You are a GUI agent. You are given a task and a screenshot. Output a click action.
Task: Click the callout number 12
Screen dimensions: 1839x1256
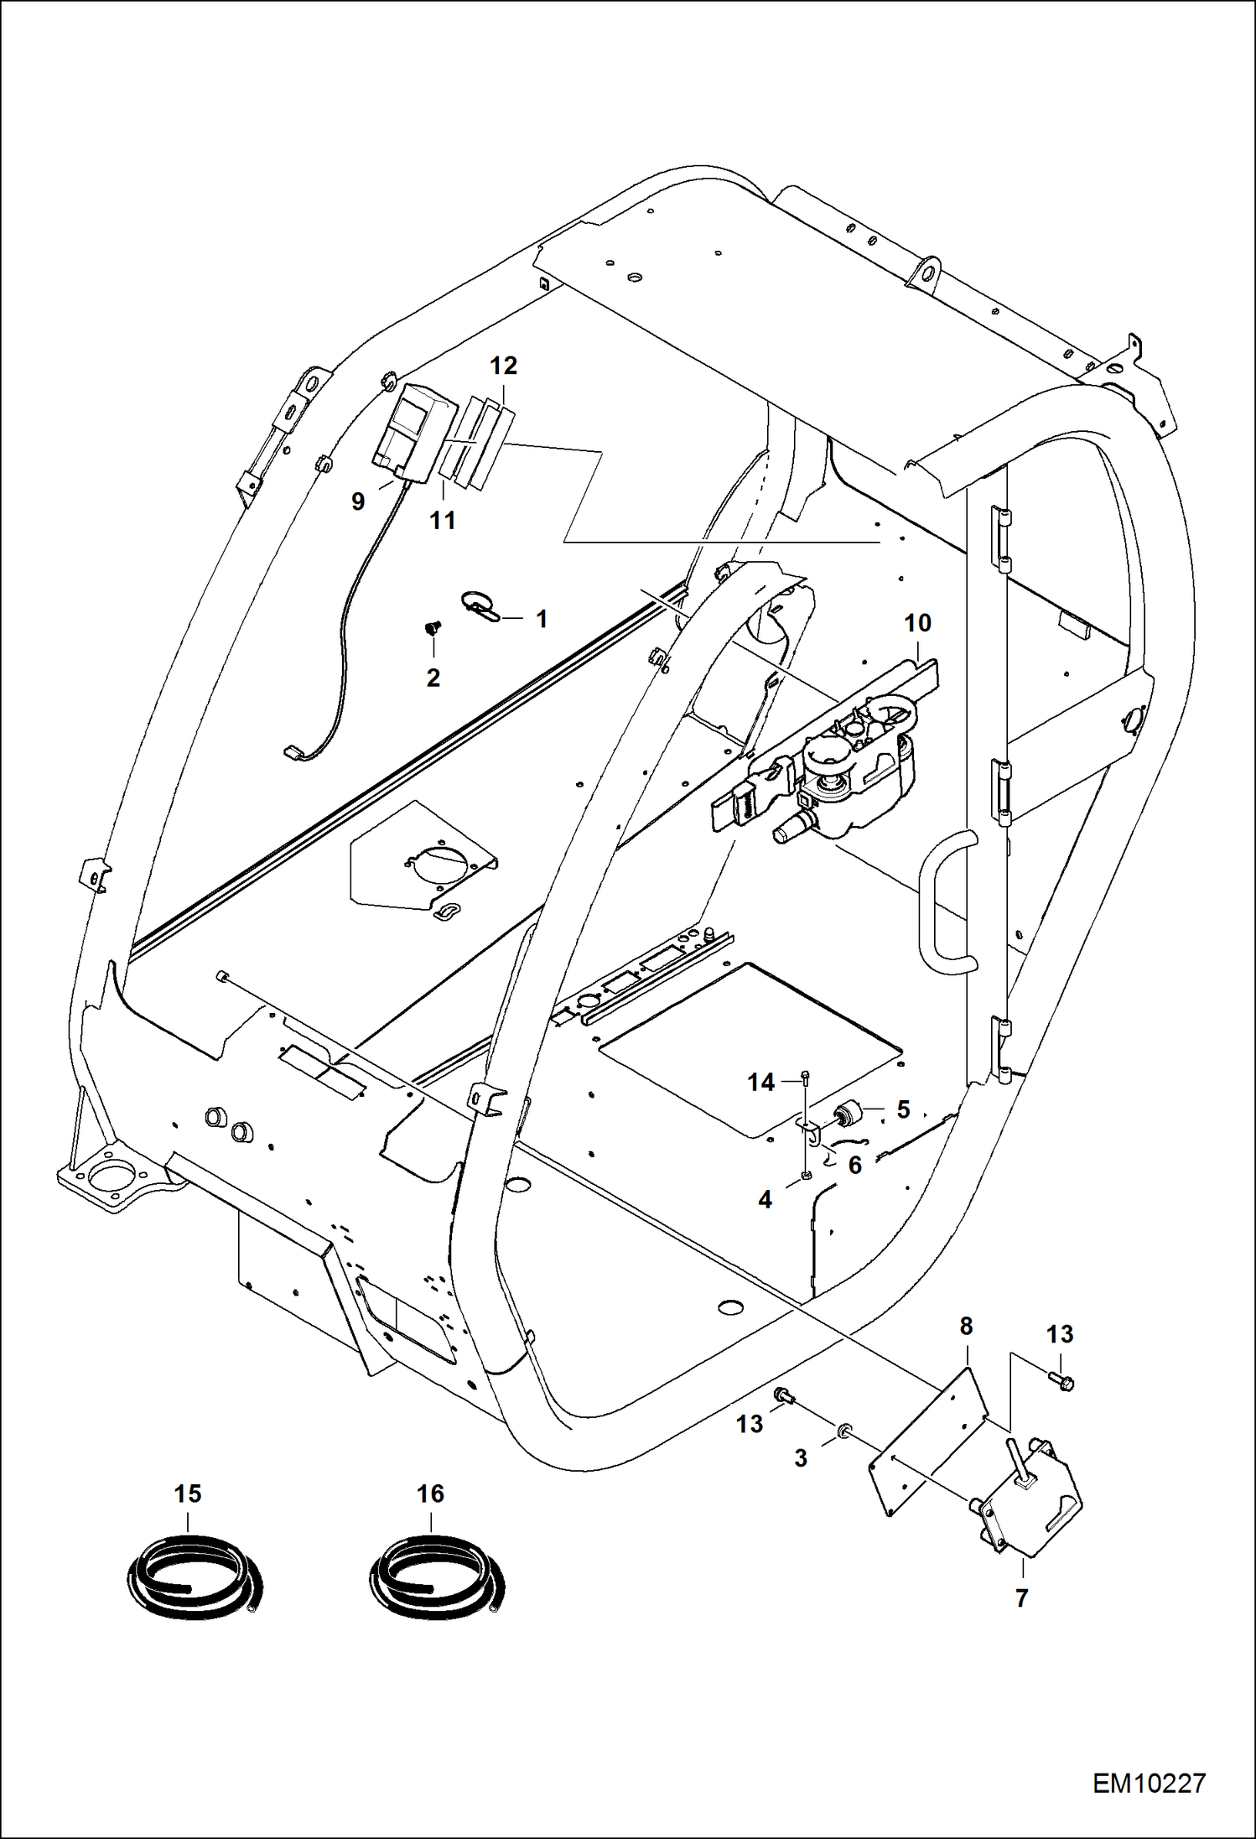click(503, 366)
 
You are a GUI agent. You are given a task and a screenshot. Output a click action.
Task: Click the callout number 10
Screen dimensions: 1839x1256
click(917, 623)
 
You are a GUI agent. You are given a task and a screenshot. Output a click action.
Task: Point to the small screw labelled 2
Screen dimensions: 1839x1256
click(433, 627)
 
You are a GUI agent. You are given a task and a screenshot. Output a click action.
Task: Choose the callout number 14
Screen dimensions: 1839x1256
click(760, 1083)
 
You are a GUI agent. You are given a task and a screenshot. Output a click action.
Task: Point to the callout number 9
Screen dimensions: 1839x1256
click(358, 501)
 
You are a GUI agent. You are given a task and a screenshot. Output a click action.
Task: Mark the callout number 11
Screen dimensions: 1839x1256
click(442, 520)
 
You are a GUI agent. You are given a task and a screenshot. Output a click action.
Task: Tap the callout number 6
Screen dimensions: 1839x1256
click(854, 1165)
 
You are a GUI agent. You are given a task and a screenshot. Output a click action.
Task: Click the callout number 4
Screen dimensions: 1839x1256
click(765, 1200)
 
